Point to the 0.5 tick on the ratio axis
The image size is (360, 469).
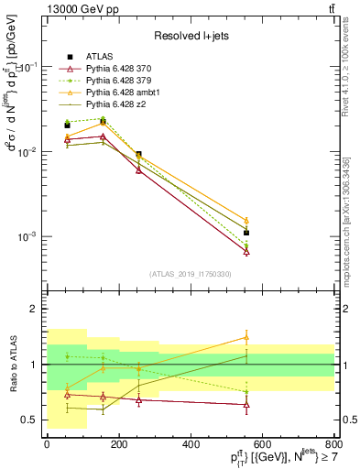click(x=28, y=420)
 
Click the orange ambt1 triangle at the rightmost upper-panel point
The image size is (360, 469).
click(x=246, y=221)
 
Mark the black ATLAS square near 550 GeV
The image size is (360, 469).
click(x=246, y=233)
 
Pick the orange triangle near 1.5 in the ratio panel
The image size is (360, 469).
click(x=246, y=337)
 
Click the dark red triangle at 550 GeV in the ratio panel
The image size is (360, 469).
click(x=246, y=404)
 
